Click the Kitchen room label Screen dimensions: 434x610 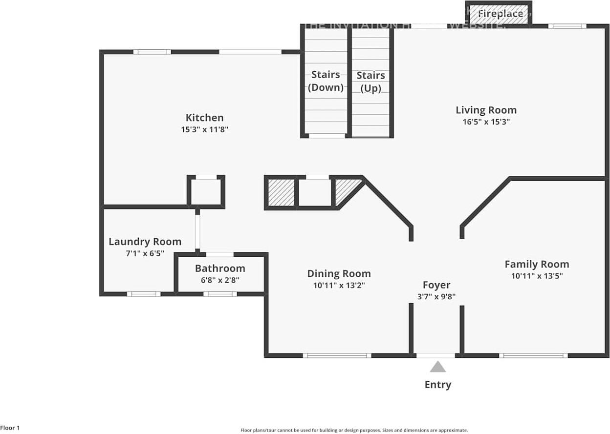click(204, 118)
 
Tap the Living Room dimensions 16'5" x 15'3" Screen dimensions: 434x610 click(486, 122)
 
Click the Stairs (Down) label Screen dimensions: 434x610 click(326, 81)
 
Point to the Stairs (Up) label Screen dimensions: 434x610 click(370, 82)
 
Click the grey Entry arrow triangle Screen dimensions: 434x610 click(437, 367)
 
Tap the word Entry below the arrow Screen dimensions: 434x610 click(437, 385)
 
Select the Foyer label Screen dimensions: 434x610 click(436, 285)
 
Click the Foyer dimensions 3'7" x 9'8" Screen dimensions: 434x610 click(436, 296)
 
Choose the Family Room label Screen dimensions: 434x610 click(537, 264)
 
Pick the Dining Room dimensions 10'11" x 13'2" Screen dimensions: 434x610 click(339, 285)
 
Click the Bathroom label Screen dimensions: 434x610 click(220, 268)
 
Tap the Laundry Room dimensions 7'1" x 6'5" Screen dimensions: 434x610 click(145, 253)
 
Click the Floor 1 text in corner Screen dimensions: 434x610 click(10, 428)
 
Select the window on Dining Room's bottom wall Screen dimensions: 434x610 click(337, 355)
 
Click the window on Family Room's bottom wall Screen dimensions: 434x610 click(533, 355)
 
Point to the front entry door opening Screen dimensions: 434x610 click(436, 355)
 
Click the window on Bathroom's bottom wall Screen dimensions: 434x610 click(220, 294)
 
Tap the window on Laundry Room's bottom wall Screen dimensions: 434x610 click(144, 294)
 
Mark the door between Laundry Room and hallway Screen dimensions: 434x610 click(197, 232)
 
